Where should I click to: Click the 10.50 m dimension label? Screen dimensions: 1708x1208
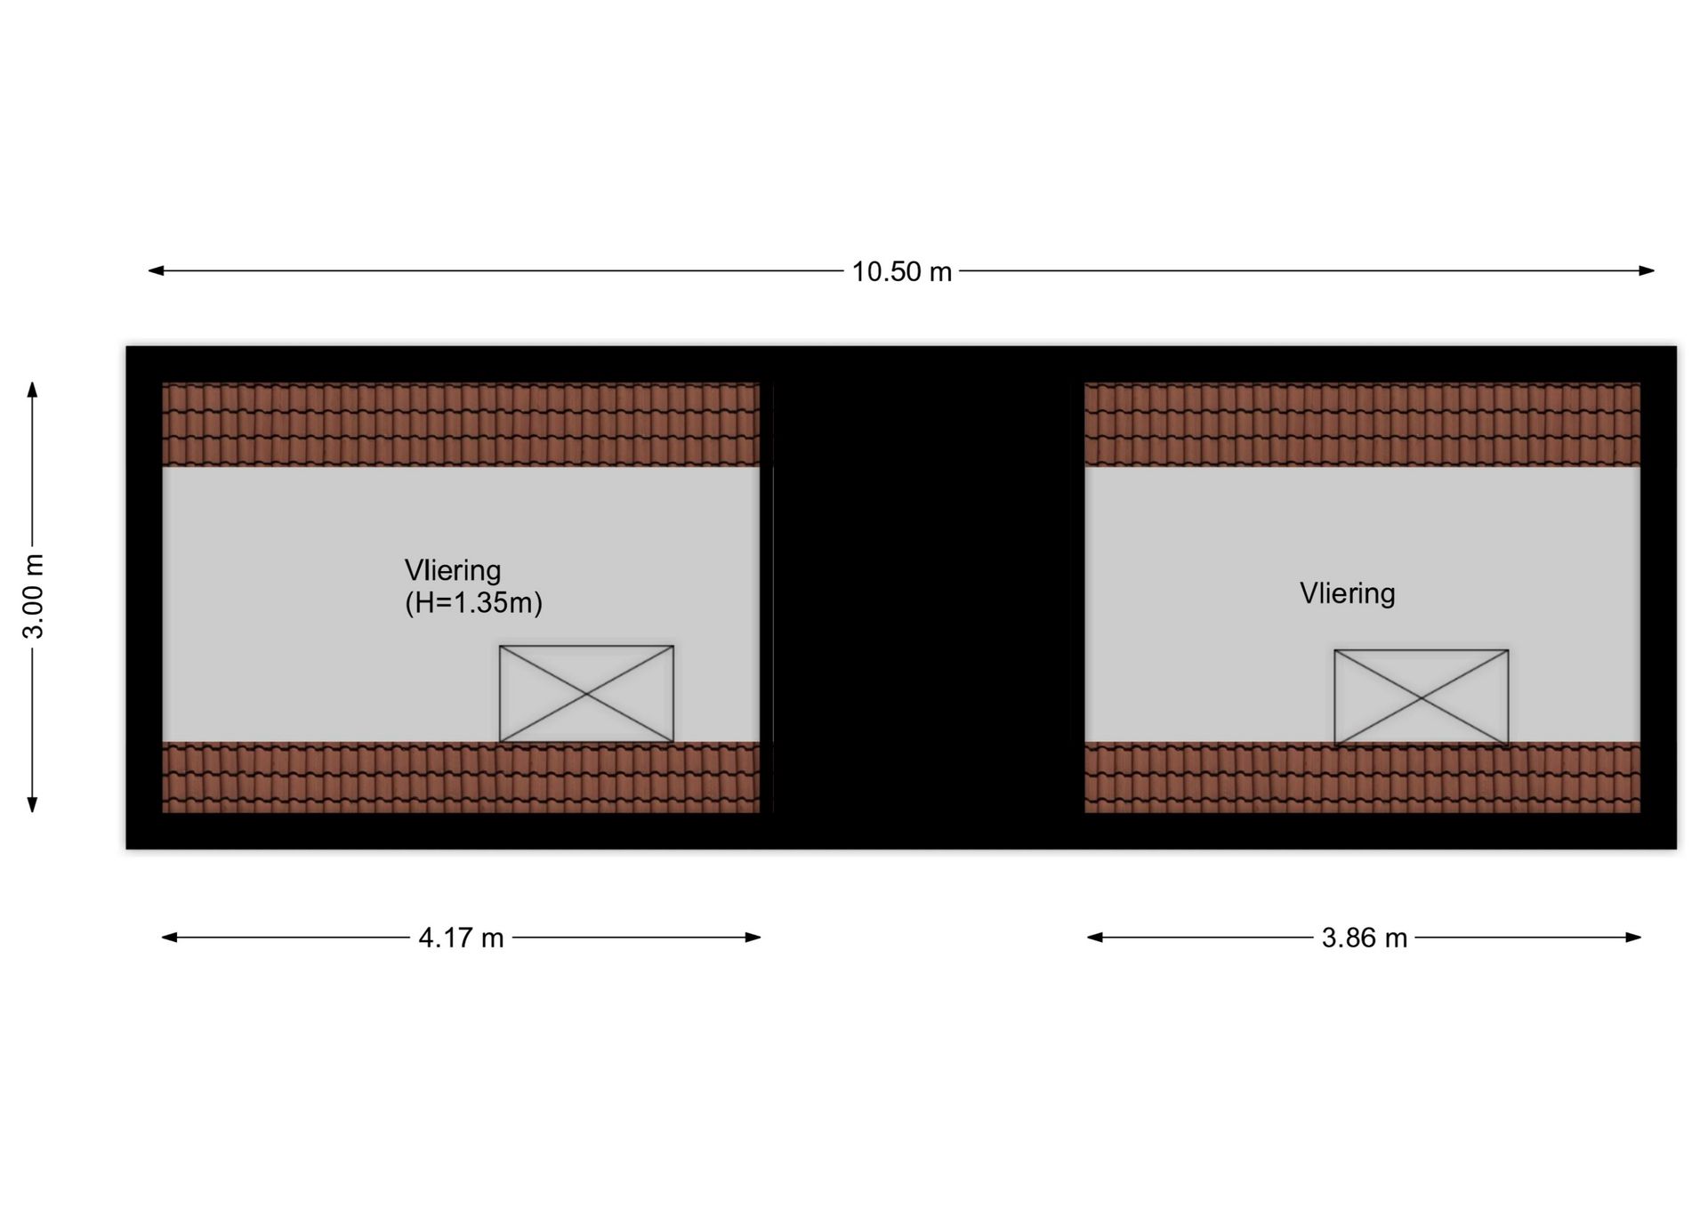point(901,271)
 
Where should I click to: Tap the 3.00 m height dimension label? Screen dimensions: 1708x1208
point(33,596)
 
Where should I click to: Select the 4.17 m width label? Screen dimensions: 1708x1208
point(461,938)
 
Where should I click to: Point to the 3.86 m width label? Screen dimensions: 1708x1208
point(1364,938)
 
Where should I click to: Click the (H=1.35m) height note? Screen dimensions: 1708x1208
point(473,603)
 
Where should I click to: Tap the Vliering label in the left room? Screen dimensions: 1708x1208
point(453,570)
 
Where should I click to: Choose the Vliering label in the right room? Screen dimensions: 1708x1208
point(1347,593)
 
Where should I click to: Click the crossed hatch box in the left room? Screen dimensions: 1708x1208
point(586,694)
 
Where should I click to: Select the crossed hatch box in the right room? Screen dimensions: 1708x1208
point(1421,698)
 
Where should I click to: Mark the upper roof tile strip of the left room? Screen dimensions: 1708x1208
point(461,424)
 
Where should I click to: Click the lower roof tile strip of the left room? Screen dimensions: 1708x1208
point(461,777)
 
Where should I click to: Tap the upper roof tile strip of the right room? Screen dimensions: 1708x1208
point(1362,424)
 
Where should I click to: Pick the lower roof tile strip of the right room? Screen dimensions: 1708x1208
point(1362,777)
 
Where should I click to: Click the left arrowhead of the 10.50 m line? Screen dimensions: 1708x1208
point(156,270)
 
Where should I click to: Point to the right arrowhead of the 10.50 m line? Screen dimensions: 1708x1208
point(1647,270)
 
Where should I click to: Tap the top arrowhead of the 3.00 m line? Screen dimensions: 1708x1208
point(33,390)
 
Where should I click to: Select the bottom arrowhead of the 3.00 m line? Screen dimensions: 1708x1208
point(33,804)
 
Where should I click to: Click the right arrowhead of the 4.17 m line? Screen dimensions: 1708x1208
point(753,937)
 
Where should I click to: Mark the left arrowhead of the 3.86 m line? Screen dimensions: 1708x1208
point(1095,937)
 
